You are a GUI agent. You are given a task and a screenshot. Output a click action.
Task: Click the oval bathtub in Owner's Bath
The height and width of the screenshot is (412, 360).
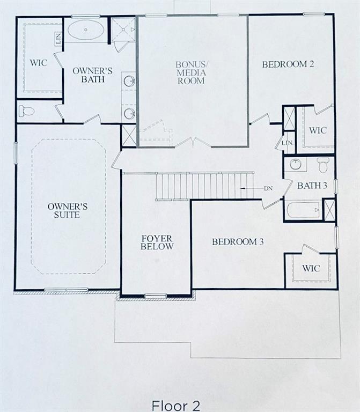pos(85,30)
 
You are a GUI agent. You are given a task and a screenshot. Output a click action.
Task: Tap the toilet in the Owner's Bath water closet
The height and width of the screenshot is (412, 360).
pos(26,111)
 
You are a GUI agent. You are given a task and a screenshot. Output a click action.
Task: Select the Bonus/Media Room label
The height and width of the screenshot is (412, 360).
pos(192,73)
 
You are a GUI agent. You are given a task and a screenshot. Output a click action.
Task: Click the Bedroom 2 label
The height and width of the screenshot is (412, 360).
pos(288,64)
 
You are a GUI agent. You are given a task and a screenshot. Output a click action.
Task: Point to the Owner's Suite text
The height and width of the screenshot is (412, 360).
pos(68,211)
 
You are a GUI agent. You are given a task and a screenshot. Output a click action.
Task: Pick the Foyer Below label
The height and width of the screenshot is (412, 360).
pos(157,242)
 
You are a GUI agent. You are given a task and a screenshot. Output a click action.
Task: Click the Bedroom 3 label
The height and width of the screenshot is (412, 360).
pos(238,242)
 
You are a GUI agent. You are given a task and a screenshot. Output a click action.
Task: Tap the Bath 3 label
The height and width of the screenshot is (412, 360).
pos(312,186)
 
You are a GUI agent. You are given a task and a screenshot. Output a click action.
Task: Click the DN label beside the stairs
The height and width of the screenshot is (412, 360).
pos(268,188)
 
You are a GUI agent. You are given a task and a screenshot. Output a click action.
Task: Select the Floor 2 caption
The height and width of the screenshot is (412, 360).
pos(176,406)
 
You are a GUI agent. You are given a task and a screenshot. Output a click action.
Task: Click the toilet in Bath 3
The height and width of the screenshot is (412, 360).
pos(322,165)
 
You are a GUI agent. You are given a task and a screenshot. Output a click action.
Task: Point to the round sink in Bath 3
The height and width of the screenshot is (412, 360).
pos(296,165)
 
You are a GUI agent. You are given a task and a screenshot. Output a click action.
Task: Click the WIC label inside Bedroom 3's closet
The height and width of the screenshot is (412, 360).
pos(311,268)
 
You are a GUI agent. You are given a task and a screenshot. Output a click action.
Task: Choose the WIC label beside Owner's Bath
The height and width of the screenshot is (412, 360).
pos(39,63)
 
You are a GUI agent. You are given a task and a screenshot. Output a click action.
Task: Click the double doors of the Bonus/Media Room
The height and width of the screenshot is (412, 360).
pos(193,142)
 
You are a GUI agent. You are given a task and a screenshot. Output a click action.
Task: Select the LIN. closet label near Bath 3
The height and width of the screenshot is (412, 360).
pos(287,143)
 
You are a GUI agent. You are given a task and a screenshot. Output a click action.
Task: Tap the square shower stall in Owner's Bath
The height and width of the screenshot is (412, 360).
pos(123,30)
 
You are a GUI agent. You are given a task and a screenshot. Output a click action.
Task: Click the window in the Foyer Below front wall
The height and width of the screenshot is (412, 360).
pos(156,296)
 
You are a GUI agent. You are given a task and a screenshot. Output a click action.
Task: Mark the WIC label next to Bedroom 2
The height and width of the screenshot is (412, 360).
pos(318,130)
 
